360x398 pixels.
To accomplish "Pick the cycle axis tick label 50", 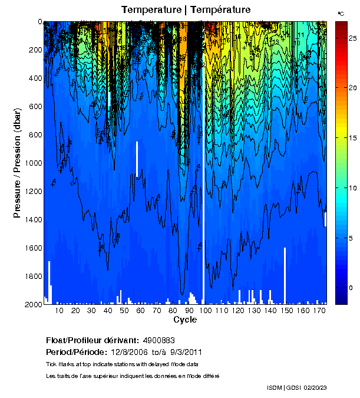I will (124, 310).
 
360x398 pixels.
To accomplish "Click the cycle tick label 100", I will (205, 310).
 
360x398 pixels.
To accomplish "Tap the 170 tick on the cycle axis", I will (319, 310).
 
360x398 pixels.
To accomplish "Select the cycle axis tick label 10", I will (59, 310).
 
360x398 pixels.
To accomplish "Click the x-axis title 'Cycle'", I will (181, 320).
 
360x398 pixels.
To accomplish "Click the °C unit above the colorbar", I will (341, 13).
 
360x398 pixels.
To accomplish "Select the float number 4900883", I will (157, 340).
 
